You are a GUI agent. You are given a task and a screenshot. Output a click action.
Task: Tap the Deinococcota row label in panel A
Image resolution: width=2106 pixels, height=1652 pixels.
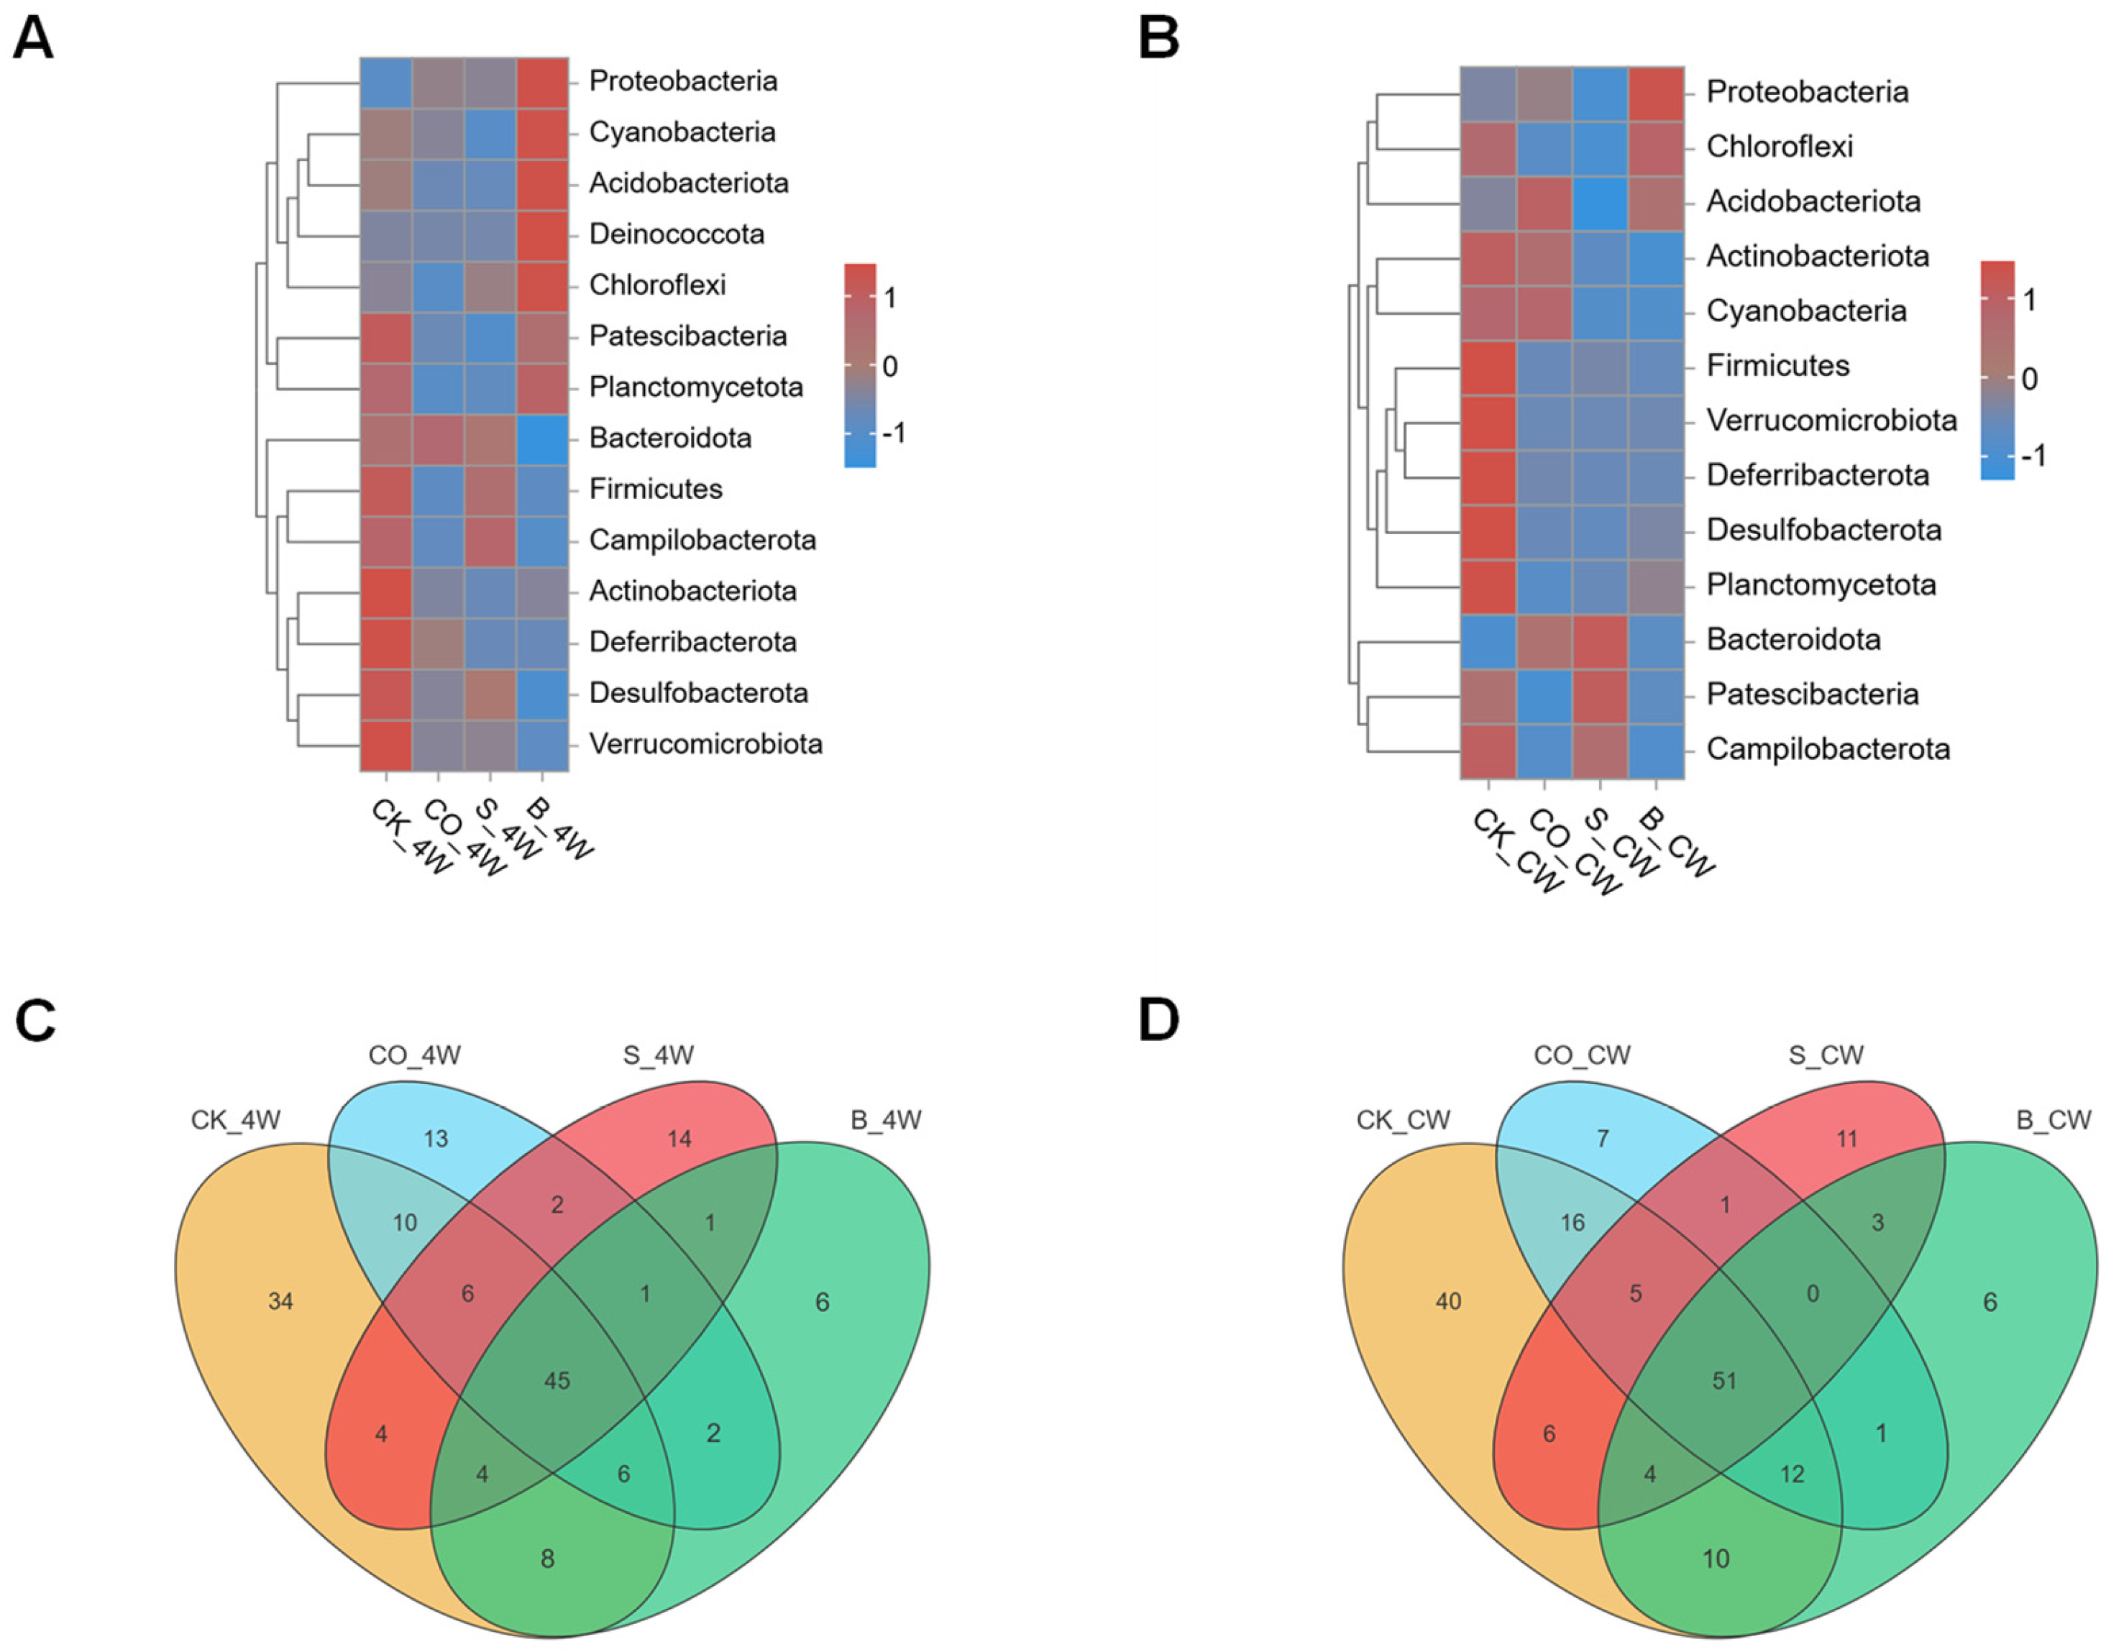point(676,234)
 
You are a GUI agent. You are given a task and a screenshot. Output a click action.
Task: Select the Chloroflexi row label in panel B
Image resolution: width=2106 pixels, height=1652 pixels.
point(1779,147)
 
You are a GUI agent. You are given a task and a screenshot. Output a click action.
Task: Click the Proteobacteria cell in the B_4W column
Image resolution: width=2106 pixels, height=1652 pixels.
point(541,81)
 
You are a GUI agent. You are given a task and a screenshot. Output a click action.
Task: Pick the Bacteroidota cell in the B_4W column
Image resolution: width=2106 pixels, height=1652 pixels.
point(541,437)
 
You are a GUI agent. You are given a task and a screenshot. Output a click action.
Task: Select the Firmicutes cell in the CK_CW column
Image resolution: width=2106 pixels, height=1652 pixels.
point(1488,366)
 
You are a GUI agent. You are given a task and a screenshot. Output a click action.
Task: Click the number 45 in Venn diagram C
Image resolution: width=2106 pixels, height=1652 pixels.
point(557,1380)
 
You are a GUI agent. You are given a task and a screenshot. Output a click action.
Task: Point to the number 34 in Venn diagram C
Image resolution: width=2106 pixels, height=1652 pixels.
point(280,1302)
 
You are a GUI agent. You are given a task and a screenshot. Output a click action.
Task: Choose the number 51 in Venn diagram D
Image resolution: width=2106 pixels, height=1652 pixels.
point(1724,1380)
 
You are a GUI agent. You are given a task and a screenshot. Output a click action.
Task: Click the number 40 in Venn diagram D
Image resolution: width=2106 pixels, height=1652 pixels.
point(1448,1302)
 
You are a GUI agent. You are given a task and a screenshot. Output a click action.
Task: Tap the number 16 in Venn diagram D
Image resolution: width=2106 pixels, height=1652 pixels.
point(1572,1223)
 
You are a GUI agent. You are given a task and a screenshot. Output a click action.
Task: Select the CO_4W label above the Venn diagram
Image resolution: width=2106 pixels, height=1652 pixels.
point(414,1055)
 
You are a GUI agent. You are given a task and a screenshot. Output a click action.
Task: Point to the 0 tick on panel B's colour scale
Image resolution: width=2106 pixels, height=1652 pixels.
point(2028,378)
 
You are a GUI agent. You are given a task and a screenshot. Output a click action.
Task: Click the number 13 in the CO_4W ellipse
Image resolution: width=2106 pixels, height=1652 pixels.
point(435,1139)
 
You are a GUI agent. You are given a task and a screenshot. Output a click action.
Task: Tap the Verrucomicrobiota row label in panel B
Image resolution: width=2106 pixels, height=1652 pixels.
point(1831,421)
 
